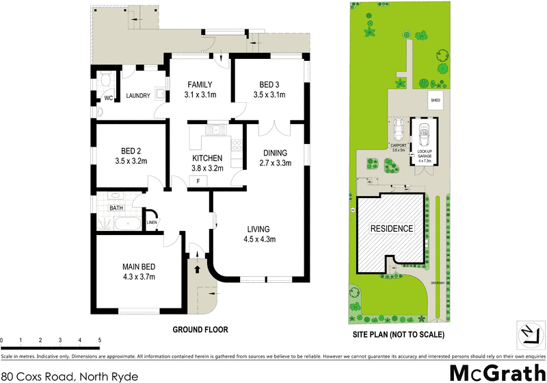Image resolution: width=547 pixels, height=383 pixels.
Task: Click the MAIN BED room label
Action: coord(139,267)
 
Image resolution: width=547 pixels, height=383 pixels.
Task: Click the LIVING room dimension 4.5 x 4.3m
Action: coord(258,238)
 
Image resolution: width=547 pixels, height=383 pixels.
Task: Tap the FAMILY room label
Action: coord(200,85)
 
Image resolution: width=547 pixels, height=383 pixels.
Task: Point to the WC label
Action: coord(107,98)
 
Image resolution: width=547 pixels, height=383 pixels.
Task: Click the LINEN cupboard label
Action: coord(151,222)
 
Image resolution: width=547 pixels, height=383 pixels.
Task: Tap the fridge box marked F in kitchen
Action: coord(198,181)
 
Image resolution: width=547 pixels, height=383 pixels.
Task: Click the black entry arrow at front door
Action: coord(199,269)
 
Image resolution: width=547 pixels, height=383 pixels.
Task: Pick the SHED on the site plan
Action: coord(435,100)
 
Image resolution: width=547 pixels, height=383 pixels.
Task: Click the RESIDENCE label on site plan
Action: coord(392,228)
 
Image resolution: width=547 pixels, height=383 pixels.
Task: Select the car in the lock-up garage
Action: coord(423,132)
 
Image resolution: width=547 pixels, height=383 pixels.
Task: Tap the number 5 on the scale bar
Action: coord(100,341)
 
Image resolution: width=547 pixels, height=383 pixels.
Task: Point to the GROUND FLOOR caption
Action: coord(200,330)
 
